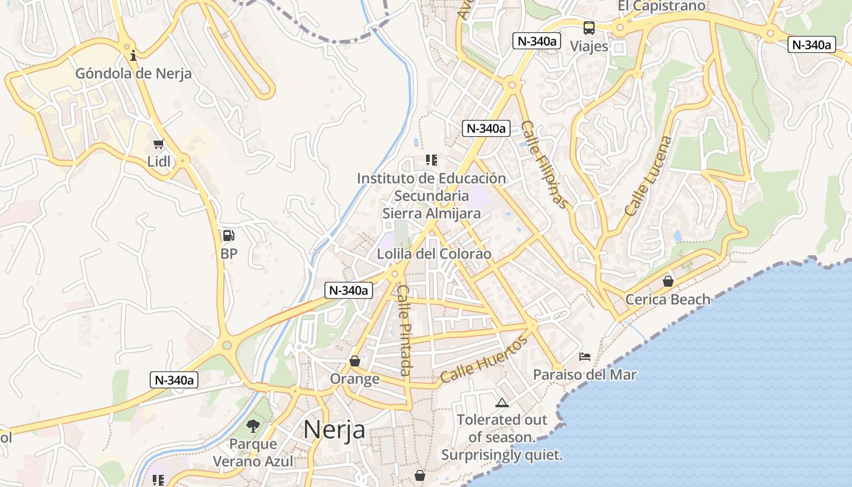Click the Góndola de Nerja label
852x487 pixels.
(x=133, y=74)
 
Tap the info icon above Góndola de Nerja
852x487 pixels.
(x=133, y=56)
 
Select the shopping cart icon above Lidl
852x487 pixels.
(x=159, y=144)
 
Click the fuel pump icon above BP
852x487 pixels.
(x=228, y=236)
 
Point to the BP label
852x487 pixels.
(x=229, y=253)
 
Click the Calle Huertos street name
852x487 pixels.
(x=484, y=360)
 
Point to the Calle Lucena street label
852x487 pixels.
(x=649, y=175)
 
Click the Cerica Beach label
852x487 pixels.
(x=668, y=299)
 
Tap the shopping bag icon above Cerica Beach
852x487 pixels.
(x=668, y=281)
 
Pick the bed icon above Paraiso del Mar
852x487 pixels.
(x=585, y=357)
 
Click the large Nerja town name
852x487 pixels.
(x=334, y=429)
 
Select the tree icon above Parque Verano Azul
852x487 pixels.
(x=253, y=426)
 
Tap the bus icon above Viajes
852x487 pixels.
(x=588, y=28)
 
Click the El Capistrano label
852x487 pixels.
(x=662, y=6)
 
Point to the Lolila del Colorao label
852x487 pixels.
(x=434, y=254)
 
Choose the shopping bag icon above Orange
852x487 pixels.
(x=355, y=362)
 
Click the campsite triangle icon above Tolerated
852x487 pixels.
(x=501, y=402)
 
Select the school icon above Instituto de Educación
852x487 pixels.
(x=431, y=160)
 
